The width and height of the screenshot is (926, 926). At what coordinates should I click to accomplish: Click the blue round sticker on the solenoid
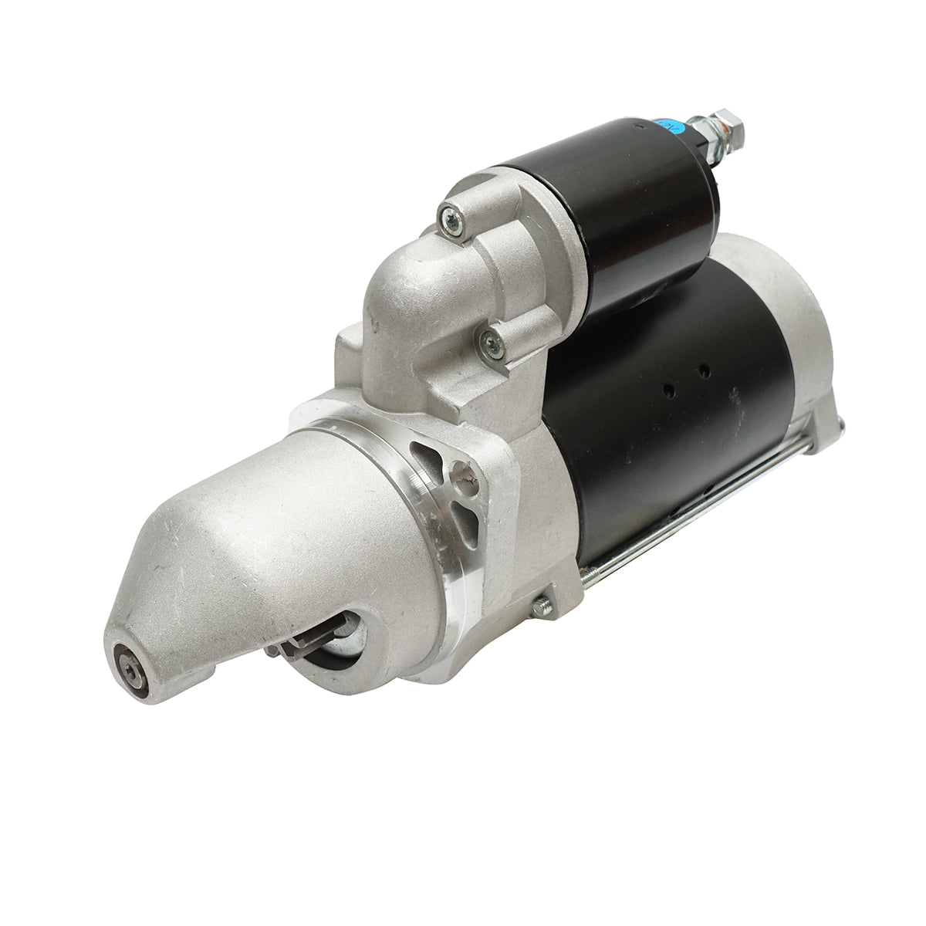click(664, 124)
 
